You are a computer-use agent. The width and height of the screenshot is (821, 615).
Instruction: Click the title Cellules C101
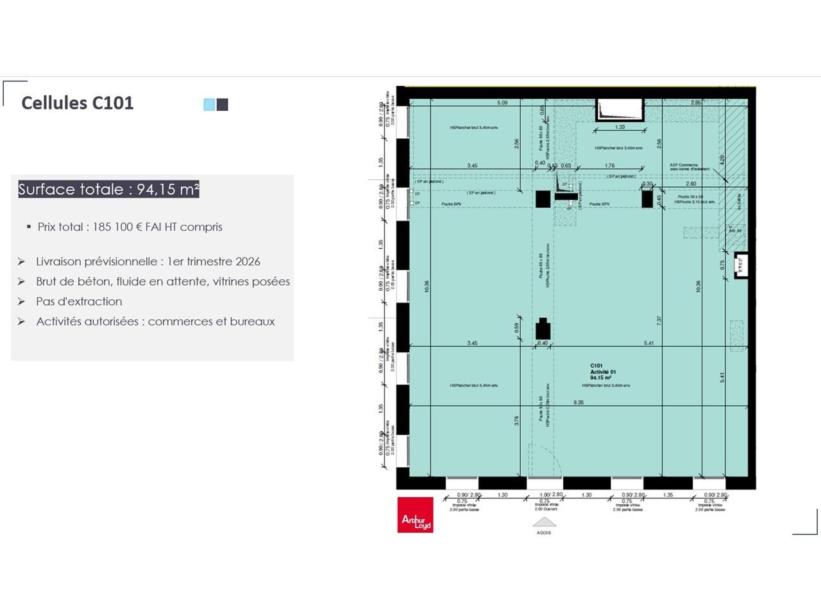77,103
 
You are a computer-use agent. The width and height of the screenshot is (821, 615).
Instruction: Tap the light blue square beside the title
209,104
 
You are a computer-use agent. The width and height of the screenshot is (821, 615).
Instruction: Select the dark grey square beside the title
223,104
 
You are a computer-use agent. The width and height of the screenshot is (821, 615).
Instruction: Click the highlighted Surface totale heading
108,190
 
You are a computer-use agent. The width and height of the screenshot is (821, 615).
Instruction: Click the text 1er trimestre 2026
214,261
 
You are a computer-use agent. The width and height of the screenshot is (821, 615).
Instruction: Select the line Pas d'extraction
79,302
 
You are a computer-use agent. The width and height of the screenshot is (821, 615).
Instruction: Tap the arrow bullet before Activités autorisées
21,322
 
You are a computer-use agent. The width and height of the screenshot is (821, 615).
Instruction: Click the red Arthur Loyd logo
415,514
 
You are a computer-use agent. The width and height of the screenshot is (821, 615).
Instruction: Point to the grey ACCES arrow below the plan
544,523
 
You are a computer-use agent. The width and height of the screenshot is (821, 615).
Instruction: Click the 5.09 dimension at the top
502,102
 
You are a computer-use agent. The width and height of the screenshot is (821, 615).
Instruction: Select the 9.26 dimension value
579,402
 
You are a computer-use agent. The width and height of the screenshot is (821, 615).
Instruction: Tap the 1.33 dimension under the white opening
620,127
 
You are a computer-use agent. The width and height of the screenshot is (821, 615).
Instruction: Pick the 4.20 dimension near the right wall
722,160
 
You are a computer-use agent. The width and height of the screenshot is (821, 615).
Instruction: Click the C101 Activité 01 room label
602,372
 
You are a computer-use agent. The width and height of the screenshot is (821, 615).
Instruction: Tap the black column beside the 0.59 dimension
543,329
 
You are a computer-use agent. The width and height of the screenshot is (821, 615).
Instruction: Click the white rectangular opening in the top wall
620,110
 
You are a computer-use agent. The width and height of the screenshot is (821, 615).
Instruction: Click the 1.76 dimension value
609,166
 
